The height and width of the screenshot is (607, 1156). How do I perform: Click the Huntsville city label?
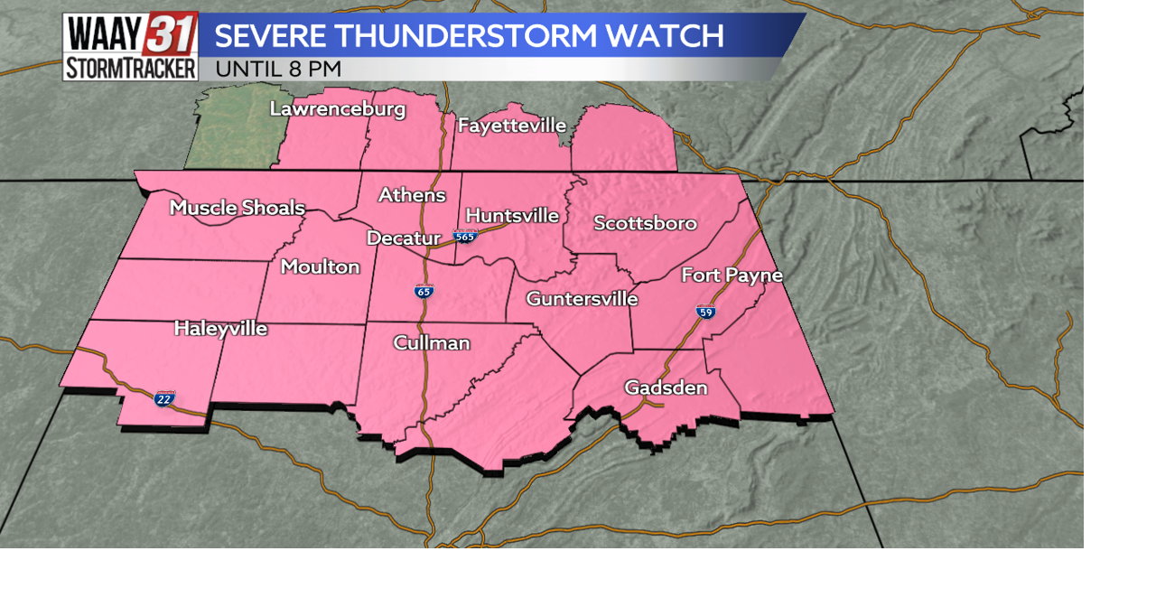pyautogui.click(x=512, y=216)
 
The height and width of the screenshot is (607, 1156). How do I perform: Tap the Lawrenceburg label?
pyautogui.click(x=338, y=109)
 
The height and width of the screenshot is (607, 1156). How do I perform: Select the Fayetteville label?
pyautogui.click(x=512, y=126)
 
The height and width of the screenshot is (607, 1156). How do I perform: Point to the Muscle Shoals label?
pyautogui.click(x=238, y=208)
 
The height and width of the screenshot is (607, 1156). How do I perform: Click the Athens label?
pyautogui.click(x=412, y=195)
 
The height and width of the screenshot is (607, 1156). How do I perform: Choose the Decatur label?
pyautogui.click(x=403, y=238)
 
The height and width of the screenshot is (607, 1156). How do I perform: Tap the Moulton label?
pyautogui.click(x=320, y=266)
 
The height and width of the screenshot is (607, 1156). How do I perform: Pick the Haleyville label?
pyautogui.click(x=220, y=329)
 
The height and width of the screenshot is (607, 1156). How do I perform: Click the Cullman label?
pyautogui.click(x=432, y=343)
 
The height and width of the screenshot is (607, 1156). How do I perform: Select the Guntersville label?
pyautogui.click(x=582, y=298)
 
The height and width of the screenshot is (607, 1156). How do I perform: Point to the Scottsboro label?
pyautogui.click(x=645, y=223)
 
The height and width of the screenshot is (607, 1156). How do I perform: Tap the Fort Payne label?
pyautogui.click(x=732, y=275)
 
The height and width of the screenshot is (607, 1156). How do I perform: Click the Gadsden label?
pyautogui.click(x=666, y=388)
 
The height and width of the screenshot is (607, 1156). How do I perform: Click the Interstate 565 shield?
pyautogui.click(x=465, y=237)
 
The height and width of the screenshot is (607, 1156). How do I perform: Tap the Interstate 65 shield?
pyautogui.click(x=424, y=291)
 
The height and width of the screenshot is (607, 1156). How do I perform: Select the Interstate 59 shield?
pyautogui.click(x=706, y=312)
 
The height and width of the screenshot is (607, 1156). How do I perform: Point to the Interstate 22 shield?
pyautogui.click(x=163, y=398)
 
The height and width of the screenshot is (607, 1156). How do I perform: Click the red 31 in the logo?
pyautogui.click(x=170, y=34)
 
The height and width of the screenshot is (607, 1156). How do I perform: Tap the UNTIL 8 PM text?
pyautogui.click(x=278, y=69)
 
